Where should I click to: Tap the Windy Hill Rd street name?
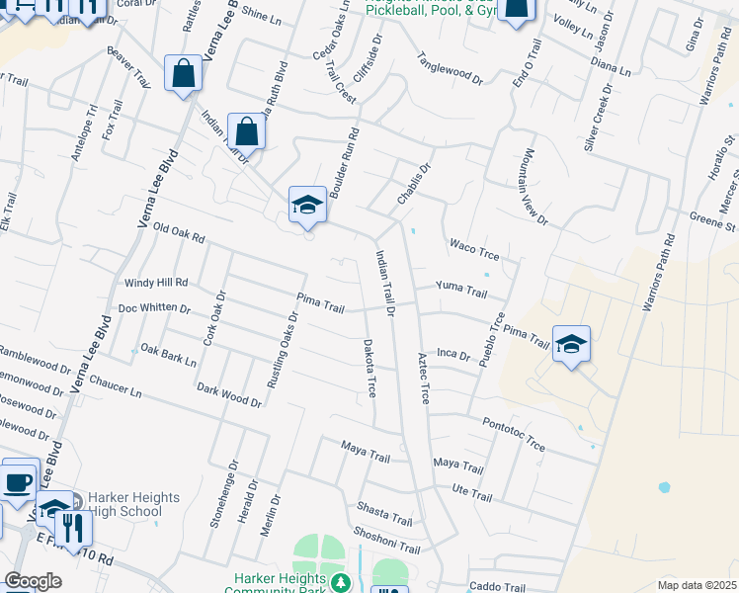tap(156, 283)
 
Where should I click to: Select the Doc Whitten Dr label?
tap(154, 308)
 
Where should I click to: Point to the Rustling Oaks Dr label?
tap(284, 351)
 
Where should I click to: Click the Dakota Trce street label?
tap(369, 370)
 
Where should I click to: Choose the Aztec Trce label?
tap(423, 378)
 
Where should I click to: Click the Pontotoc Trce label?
tap(514, 433)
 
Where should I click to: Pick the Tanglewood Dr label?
tap(450, 67)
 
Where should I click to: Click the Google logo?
tap(34, 580)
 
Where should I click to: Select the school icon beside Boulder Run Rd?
tap(307, 205)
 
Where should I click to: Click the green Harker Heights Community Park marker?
tap(341, 582)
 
